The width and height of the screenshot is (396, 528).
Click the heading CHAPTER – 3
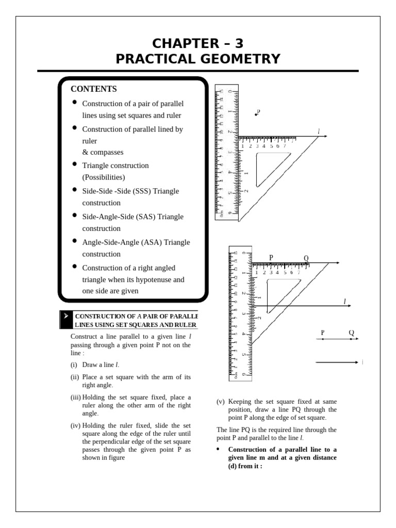[x=198, y=43]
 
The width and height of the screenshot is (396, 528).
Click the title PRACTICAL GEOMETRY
[x=198, y=59]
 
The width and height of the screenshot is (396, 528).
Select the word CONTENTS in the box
[x=94, y=89]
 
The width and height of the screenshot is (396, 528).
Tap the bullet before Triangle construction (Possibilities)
[x=75, y=164]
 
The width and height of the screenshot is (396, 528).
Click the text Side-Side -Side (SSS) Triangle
[x=130, y=191]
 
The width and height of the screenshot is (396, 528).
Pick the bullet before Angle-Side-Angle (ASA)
[x=75, y=241]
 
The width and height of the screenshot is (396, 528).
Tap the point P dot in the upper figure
[x=256, y=114]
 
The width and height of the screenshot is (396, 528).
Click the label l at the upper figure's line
[x=319, y=132]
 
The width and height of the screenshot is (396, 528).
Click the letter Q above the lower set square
[x=306, y=258]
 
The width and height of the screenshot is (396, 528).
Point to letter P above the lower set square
[x=271, y=257]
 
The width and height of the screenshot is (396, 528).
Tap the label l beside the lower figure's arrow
[x=344, y=301]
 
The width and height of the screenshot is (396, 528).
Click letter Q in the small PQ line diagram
[x=351, y=333]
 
